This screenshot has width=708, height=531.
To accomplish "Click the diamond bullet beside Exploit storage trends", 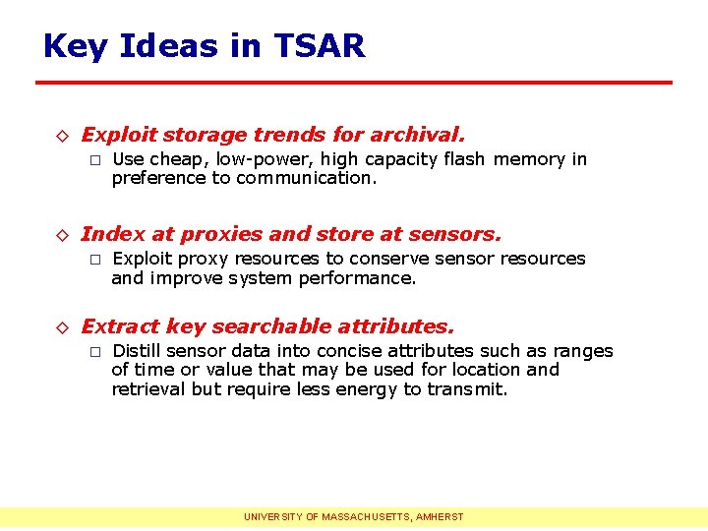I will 61,136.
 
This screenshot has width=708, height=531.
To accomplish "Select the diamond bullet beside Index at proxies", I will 61,235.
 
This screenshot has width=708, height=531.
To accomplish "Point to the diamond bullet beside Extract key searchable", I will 61,327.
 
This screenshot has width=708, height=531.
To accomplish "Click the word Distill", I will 138,351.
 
